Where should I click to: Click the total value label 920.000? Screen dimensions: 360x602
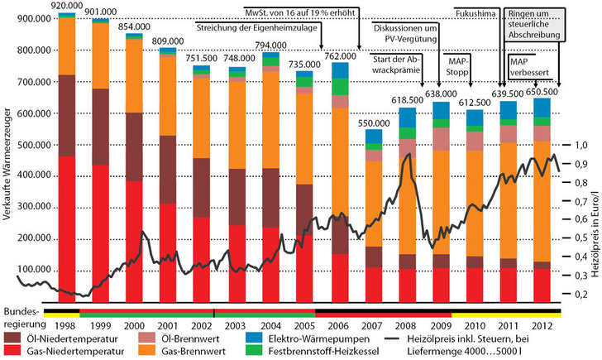tap(65, 6)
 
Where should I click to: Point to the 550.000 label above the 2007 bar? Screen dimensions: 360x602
tap(374, 122)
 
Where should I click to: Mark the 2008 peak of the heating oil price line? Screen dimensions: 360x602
tap(407, 154)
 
